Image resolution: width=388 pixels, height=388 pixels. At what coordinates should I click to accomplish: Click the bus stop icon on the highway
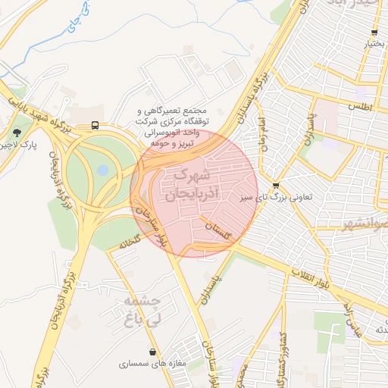coord(95,125)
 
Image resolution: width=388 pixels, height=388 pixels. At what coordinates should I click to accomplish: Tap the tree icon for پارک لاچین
coord(17,133)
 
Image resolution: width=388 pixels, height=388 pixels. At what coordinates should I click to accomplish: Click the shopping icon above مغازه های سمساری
coord(154,352)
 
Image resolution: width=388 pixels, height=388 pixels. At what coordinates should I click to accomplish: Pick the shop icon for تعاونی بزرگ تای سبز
coord(275,185)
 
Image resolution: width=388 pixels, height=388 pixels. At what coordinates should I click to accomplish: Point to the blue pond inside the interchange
coord(102,171)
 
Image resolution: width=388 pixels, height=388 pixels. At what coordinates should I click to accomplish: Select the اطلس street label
coord(361,107)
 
